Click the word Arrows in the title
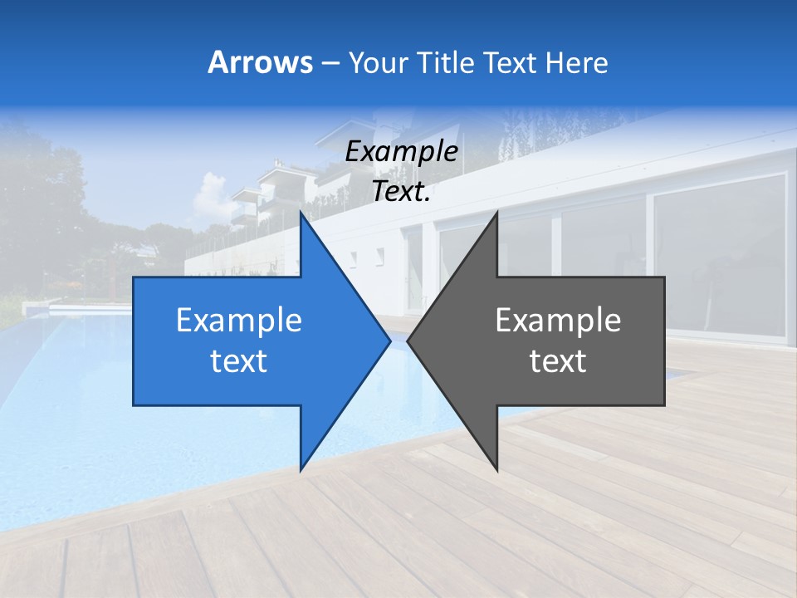(x=260, y=62)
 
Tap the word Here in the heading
(x=576, y=62)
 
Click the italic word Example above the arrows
(x=401, y=152)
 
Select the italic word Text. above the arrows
(x=401, y=192)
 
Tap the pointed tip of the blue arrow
(x=389, y=341)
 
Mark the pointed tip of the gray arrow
(x=409, y=341)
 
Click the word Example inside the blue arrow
(x=239, y=321)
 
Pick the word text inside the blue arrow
(x=239, y=361)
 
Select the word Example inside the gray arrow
(x=558, y=321)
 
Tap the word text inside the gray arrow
(x=558, y=361)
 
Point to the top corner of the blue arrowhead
(x=301, y=214)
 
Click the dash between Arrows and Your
(x=330, y=64)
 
